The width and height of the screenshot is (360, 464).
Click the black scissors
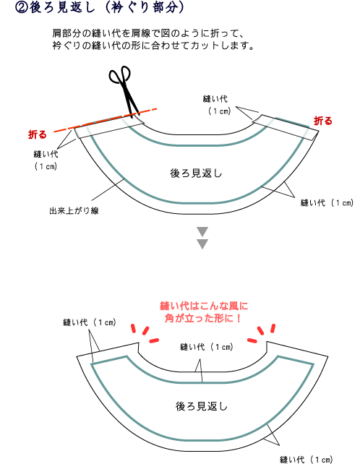coord(124,90)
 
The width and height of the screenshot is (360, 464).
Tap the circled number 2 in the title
coord(21,8)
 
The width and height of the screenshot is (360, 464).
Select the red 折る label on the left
coord(38,134)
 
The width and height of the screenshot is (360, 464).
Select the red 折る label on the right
coord(323,121)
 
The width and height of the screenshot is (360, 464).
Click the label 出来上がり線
coord(74,211)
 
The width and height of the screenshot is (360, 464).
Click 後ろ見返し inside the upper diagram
coord(196,173)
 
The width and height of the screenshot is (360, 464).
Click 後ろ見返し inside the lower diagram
coord(202,406)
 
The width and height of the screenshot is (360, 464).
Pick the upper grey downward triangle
coord(202,231)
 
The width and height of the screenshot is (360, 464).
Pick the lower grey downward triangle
coord(202,244)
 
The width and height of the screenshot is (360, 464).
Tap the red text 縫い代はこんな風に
coord(204,306)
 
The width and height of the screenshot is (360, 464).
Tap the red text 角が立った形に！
coord(204,318)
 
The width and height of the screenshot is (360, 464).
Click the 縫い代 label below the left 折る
coord(46,154)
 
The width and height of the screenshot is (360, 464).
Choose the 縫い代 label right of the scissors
coord(215,99)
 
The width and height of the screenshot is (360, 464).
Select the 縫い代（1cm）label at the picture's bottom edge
coord(307,459)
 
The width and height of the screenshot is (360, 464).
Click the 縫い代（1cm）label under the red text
coord(207,347)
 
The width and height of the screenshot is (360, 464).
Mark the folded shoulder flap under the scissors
coord(109,127)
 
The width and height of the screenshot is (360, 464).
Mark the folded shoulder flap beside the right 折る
coord(286,127)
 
